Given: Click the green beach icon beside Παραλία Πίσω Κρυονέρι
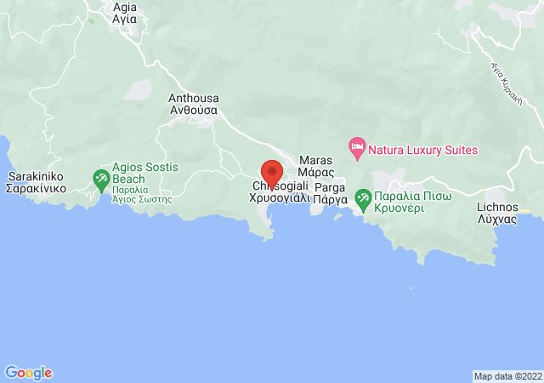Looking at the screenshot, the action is (x=363, y=200).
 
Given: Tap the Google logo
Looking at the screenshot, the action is (x=28, y=373).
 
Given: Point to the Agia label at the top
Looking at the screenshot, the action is (x=124, y=6).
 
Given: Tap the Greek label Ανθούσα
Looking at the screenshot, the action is (x=194, y=110).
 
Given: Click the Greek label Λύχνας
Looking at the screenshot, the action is (x=497, y=219).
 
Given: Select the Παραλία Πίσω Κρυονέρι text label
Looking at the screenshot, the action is (x=415, y=202).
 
